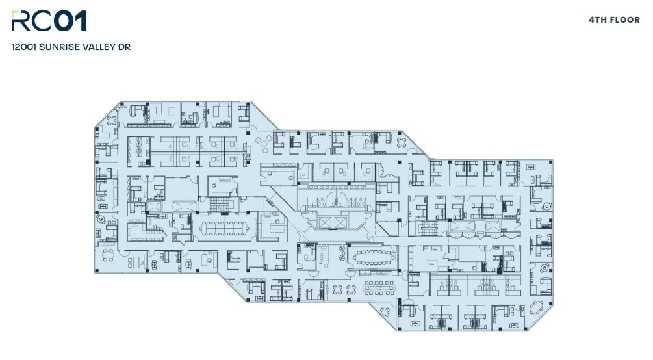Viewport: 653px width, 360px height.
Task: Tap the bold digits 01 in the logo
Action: click(x=70, y=21)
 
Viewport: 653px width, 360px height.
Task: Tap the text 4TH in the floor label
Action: click(x=598, y=20)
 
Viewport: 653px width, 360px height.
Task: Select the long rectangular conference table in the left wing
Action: click(x=223, y=227)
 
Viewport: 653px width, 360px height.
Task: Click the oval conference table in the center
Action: click(x=372, y=255)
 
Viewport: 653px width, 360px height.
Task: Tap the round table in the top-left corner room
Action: click(x=112, y=120)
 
